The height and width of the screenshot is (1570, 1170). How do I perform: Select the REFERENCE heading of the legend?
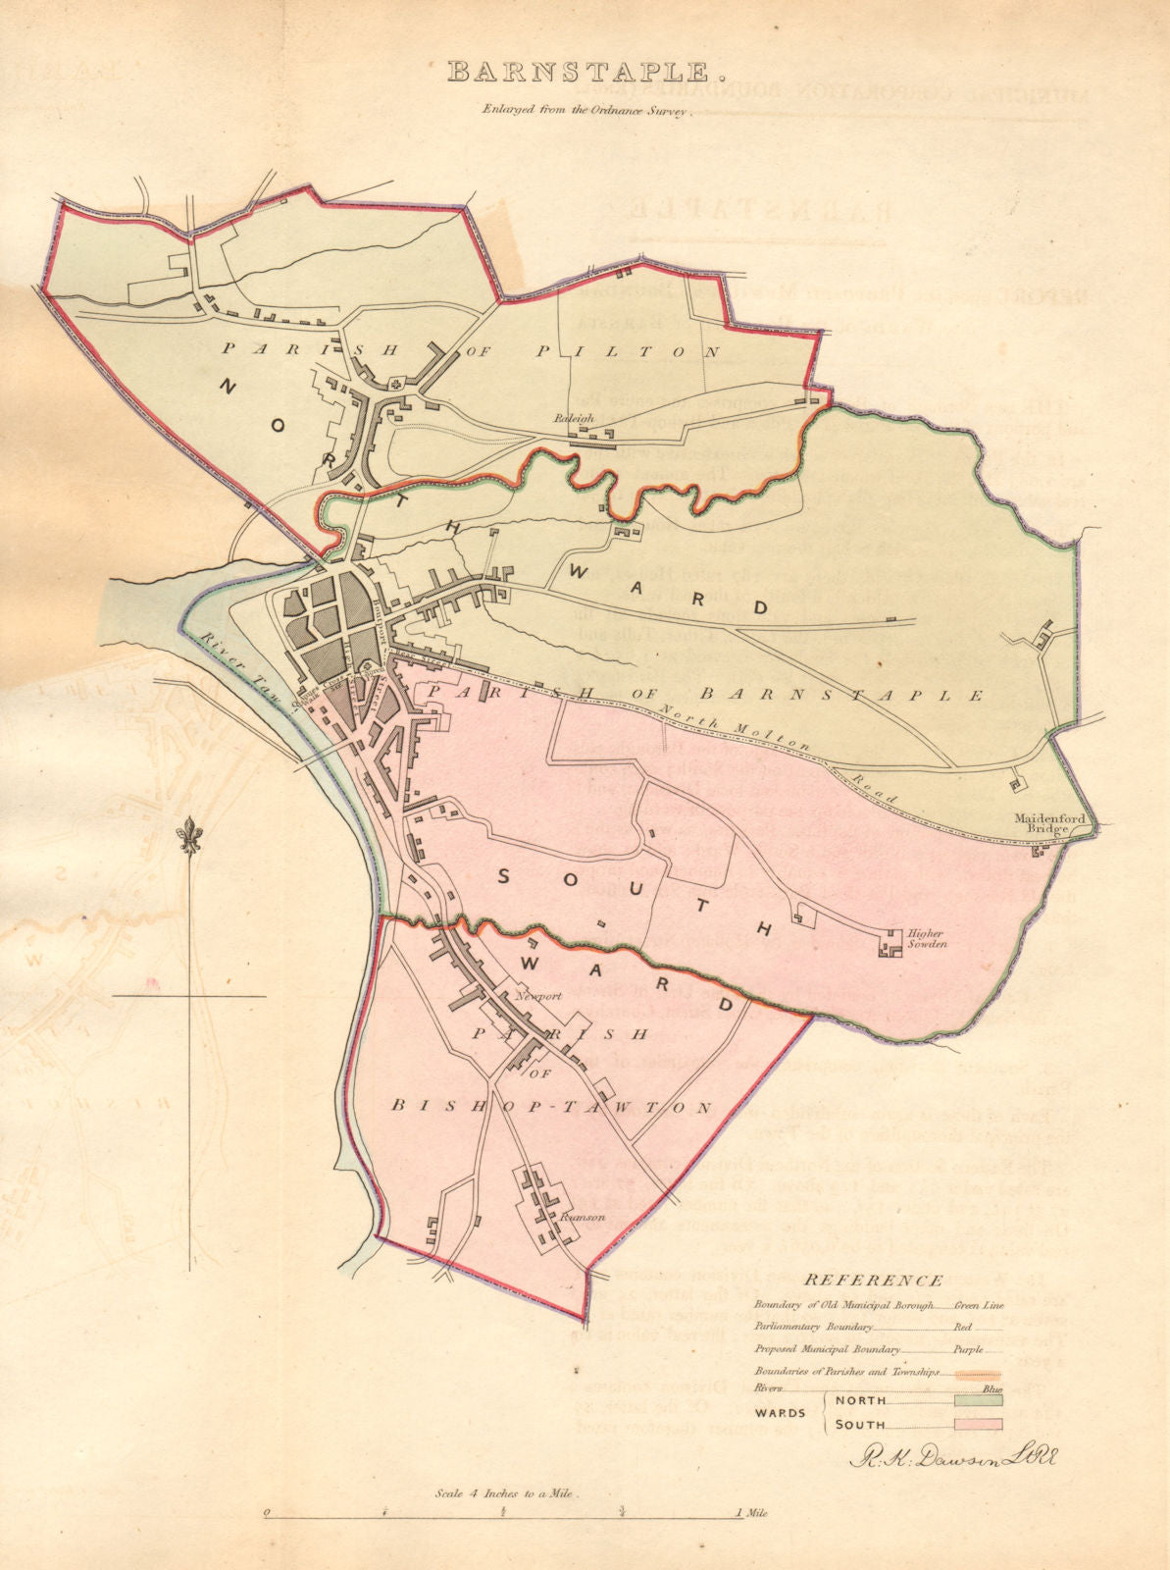tap(874, 1280)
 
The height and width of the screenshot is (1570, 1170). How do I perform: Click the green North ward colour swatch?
tap(977, 1400)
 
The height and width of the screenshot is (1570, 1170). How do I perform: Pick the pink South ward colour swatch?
tap(977, 1425)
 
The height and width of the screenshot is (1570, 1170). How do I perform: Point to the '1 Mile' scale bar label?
tap(751, 1541)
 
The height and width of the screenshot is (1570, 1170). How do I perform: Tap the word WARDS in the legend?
tap(781, 1413)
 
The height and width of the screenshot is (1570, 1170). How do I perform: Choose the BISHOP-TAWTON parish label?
tap(550, 1107)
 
